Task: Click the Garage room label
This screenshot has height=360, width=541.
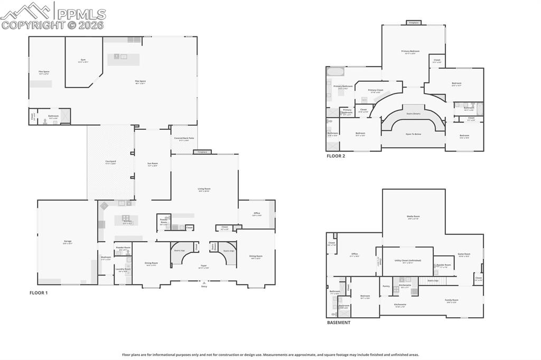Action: coord(68,242)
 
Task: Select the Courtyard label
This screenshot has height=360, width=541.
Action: coord(110,162)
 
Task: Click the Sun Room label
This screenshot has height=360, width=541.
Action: coord(153,164)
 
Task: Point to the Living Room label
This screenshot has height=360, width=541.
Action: coord(204,190)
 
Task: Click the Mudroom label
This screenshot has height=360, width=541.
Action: coord(106,258)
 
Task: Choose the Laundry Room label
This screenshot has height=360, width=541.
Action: coord(123,270)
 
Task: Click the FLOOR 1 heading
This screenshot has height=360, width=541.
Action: coord(39,292)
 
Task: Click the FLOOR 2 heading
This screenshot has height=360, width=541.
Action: coord(335,156)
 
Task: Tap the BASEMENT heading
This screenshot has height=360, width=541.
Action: coord(338,322)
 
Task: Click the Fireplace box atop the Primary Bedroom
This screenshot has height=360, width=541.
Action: coord(413,23)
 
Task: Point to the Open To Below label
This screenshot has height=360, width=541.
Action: coord(413,134)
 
